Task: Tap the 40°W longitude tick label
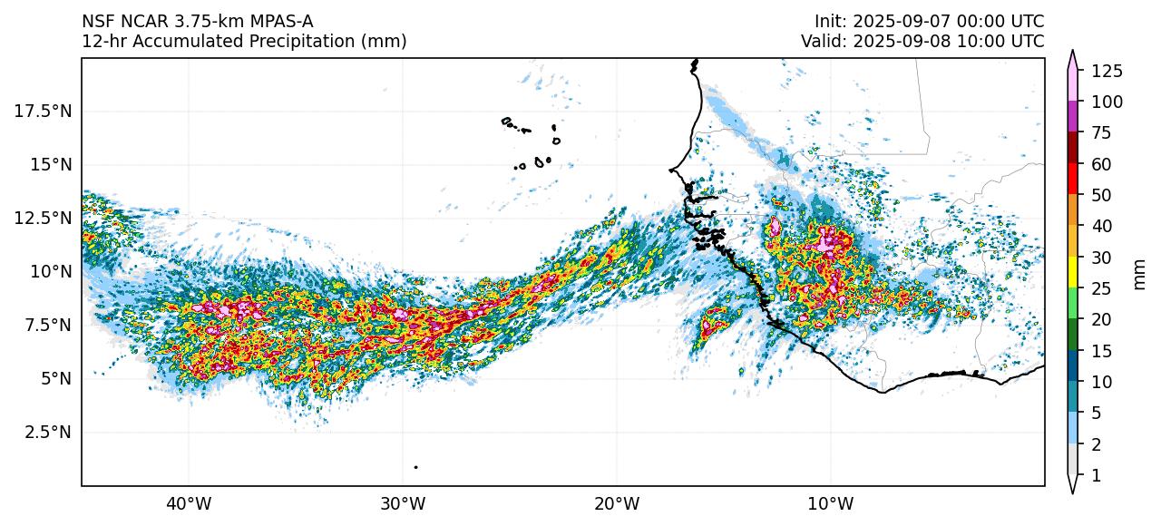(x=189, y=502)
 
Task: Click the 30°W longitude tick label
(x=403, y=502)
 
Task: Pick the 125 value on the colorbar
(x=1107, y=71)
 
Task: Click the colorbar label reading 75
(x=1100, y=133)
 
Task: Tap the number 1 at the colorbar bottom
(x=1095, y=475)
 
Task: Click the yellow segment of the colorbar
(x=1073, y=272)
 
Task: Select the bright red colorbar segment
(x=1073, y=179)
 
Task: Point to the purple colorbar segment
(x=1073, y=117)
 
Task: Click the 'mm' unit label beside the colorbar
(x=1140, y=273)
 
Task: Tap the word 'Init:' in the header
(x=832, y=21)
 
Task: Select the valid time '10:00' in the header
(x=985, y=41)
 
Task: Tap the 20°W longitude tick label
(x=617, y=502)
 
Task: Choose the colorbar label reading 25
(x=1100, y=289)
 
